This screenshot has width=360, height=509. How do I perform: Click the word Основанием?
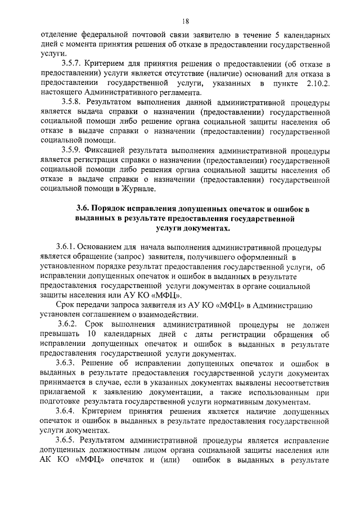[x=99, y=247]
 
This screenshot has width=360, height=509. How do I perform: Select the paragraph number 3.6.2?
[x=69, y=325]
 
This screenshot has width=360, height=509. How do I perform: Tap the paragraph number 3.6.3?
[x=69, y=364]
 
